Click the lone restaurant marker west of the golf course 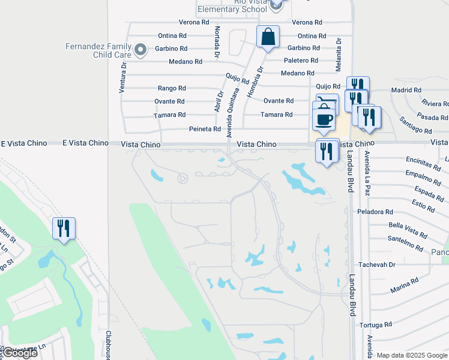pyautogui.click(x=64, y=228)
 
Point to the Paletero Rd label pyautogui.click(x=301, y=61)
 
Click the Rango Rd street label pyautogui.click(x=172, y=88)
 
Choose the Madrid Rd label pyautogui.click(x=406, y=90)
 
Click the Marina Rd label pyautogui.click(x=403, y=286)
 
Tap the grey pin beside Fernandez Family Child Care pyautogui.click(x=141, y=50)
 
